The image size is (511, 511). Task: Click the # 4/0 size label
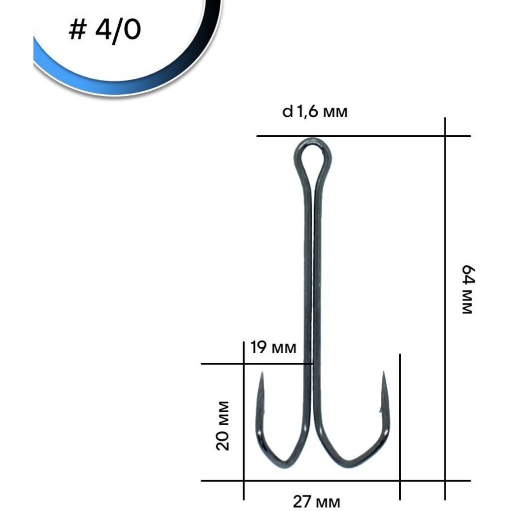click(105, 30)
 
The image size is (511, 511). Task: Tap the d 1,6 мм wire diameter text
click(315, 112)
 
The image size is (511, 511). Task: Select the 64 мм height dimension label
click(469, 289)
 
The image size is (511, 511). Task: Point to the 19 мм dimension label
click(273, 347)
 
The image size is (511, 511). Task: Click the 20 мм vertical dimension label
click(223, 426)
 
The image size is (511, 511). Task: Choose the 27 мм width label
click(316, 502)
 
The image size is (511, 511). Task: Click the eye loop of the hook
click(313, 153)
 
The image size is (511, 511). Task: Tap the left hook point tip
click(261, 372)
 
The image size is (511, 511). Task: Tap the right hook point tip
click(384, 371)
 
